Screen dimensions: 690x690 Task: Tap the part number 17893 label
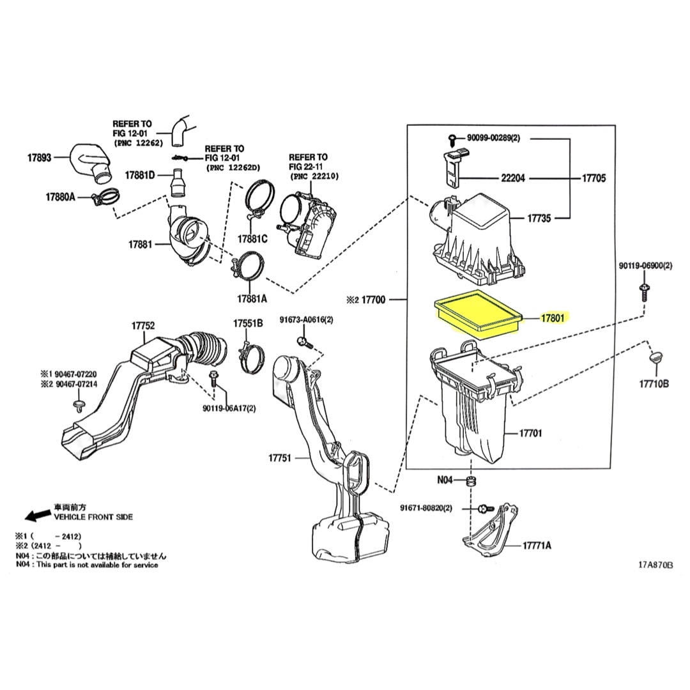pos(39,158)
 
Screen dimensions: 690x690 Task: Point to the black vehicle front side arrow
pos(38,514)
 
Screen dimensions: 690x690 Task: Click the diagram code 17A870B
pos(655,565)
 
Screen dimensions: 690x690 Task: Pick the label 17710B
pos(654,384)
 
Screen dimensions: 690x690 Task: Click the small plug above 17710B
pos(656,358)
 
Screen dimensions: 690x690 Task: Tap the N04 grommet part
pos(471,482)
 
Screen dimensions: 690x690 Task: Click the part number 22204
pos(513,178)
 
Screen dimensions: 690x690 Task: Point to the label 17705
pos(594,178)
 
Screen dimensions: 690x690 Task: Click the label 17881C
pos(252,239)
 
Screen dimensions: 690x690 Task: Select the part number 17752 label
pos(143,326)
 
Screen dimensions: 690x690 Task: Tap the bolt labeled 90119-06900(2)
pos(644,292)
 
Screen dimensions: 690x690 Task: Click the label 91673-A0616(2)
pos(306,320)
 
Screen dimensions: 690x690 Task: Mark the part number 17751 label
pos(280,458)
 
